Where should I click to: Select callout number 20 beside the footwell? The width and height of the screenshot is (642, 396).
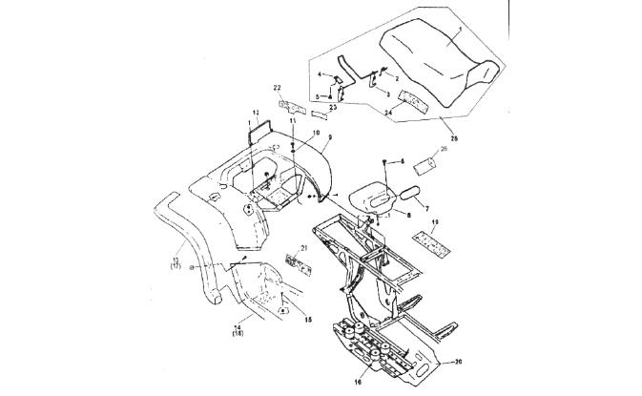[458, 363]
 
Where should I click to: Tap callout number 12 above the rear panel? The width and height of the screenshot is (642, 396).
[256, 114]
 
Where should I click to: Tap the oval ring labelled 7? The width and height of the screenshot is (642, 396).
[411, 192]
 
